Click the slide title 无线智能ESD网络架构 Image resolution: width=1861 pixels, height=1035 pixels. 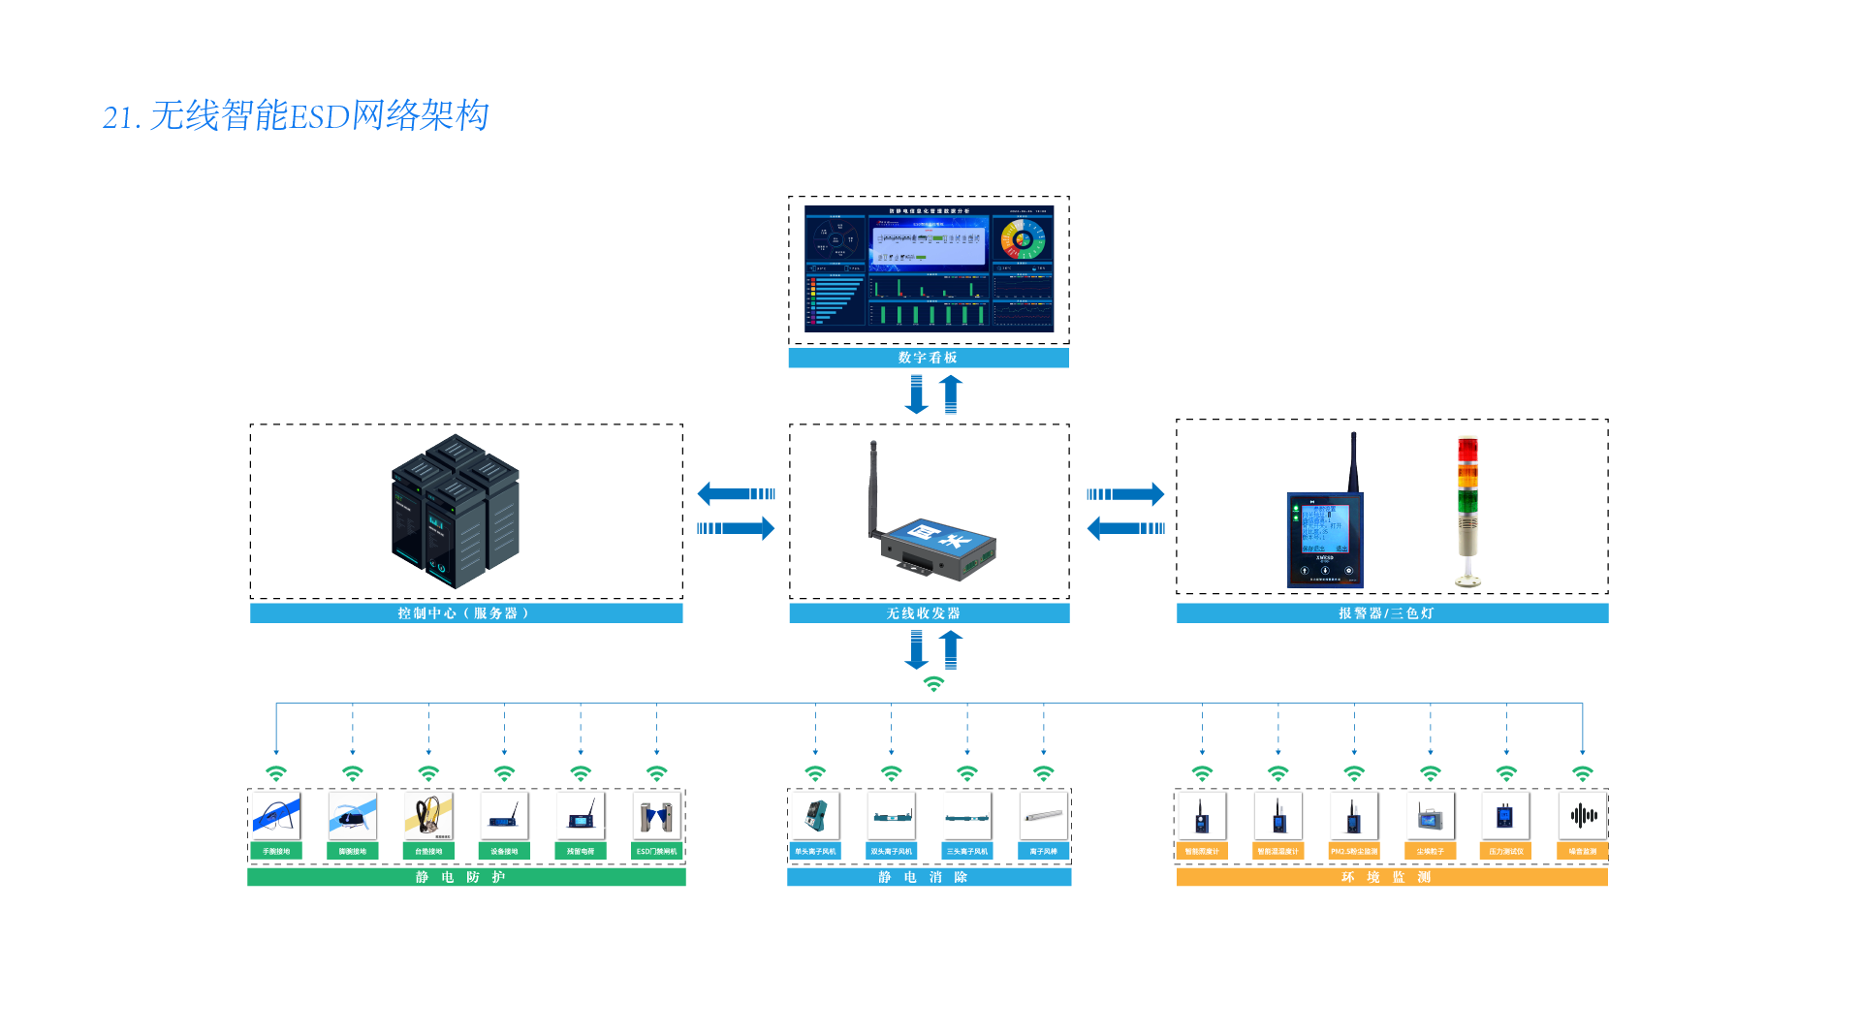coord(296,116)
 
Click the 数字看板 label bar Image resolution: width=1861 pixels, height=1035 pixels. coord(928,359)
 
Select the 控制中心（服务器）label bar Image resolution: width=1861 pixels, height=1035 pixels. coord(465,613)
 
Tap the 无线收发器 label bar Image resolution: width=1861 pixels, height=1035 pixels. coord(928,613)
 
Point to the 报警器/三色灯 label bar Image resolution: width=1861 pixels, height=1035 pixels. coord(1392,613)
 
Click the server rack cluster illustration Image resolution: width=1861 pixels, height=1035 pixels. coord(456,511)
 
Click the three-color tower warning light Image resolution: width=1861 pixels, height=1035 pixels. coord(1468,512)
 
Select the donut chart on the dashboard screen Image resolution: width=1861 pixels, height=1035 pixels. coord(1023,239)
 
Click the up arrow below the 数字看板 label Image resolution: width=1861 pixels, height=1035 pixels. coord(951,394)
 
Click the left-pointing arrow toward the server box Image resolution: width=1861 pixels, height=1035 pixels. coord(736,494)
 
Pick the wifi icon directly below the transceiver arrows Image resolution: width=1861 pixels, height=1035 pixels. coord(933,684)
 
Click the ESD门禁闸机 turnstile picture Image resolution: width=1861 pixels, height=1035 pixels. coord(656,816)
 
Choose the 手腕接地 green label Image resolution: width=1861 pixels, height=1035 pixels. coord(276,852)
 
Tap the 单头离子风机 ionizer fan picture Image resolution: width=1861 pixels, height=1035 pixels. coord(815,816)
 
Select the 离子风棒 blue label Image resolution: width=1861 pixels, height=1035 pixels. coord(1043,852)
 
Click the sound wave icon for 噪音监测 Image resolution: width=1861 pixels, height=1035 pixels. coord(1583,816)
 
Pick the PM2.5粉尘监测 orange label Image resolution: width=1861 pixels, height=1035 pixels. coord(1354,852)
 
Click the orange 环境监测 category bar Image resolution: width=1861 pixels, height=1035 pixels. coord(1392,877)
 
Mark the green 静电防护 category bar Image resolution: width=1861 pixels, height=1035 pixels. coord(466,877)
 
